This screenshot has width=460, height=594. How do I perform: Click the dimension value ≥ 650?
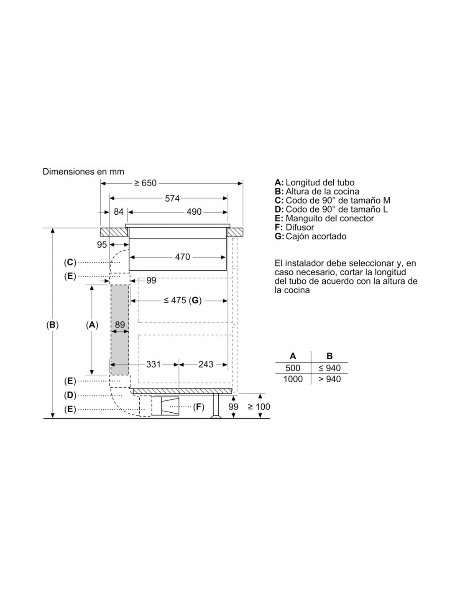click(x=145, y=183)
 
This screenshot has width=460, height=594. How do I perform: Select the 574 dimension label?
click(x=172, y=198)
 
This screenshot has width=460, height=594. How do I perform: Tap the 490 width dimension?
click(x=194, y=212)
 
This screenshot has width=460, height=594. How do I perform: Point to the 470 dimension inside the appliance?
click(x=182, y=256)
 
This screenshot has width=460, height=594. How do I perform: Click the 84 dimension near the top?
click(x=118, y=212)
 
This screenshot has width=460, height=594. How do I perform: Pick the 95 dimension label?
click(x=102, y=245)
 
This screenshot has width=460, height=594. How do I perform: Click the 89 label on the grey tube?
click(x=120, y=325)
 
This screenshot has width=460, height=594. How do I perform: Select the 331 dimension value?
click(x=153, y=364)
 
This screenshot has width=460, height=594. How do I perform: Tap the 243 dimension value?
click(x=206, y=364)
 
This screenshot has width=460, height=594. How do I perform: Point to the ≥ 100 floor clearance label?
click(x=259, y=407)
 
